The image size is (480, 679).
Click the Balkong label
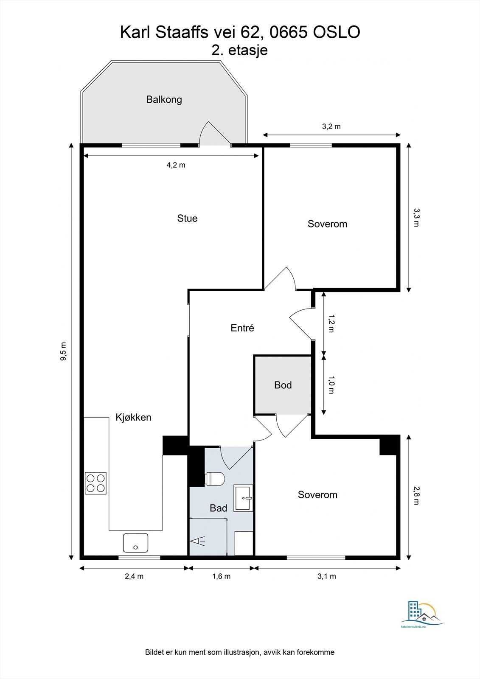click(164, 100)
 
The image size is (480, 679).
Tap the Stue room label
click(187, 218)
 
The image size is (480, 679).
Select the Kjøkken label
click(133, 418)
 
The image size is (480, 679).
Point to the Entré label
click(242, 328)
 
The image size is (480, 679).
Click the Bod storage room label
click(283, 385)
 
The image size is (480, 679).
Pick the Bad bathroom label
click(218, 508)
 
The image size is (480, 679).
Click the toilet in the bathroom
click(215, 479)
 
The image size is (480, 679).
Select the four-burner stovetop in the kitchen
click(95, 483)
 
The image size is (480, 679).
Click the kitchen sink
click(135, 543)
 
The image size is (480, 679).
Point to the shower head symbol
click(198, 541)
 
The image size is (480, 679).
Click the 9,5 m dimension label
click(63, 351)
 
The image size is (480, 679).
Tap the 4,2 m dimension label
click(176, 165)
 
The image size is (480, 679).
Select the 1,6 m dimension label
click(222, 576)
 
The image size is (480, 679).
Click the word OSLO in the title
click(336, 32)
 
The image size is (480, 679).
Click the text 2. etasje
click(239, 50)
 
